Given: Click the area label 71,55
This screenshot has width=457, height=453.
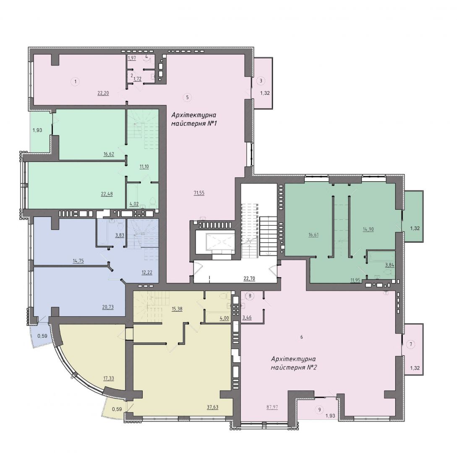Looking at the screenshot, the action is (x=199, y=193).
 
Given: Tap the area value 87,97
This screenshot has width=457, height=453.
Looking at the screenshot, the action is (x=272, y=407).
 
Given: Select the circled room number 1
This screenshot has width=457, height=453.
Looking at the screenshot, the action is (x=76, y=81).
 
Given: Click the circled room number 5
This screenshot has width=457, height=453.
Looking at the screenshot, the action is (x=188, y=97).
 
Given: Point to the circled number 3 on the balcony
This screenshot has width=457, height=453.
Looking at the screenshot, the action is (x=261, y=81).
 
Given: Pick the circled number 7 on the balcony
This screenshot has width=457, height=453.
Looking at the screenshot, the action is (x=411, y=344).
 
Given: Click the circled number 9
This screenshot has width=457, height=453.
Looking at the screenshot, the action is (x=319, y=410).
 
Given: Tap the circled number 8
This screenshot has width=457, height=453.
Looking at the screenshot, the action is (x=250, y=296).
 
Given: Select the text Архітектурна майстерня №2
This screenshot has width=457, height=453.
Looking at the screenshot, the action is (x=294, y=363).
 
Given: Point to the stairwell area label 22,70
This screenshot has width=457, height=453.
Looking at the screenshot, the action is (x=250, y=279).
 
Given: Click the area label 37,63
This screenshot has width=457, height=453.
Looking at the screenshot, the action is (x=213, y=407).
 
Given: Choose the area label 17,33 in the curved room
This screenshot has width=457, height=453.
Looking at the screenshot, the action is (x=108, y=378).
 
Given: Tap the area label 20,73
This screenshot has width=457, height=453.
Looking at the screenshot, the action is (x=108, y=307).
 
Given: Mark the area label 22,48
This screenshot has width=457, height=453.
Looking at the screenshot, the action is (x=107, y=194).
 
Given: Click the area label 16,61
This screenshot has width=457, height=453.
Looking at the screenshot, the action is (x=313, y=234).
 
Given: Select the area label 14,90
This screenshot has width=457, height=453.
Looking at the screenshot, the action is (x=368, y=229).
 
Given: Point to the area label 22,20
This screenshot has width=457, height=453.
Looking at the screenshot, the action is (x=103, y=93).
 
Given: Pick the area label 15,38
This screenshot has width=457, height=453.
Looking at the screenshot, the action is (x=177, y=309).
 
